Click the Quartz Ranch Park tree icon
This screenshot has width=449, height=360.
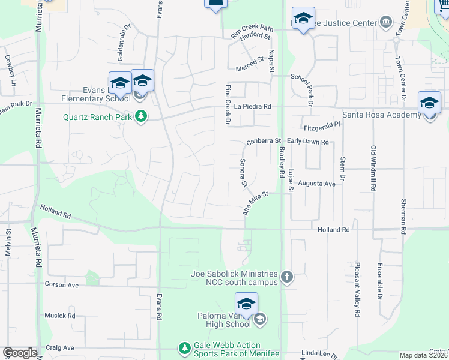141,116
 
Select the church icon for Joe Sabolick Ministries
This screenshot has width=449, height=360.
287,277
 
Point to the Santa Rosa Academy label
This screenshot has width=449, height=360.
381,115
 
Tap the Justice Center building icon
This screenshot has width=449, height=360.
386,23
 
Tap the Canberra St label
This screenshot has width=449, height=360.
264,142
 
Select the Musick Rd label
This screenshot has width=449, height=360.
59,315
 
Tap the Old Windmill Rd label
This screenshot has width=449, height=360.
373,169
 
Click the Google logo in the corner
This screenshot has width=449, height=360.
19,353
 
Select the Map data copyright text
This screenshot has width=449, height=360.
424,355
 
